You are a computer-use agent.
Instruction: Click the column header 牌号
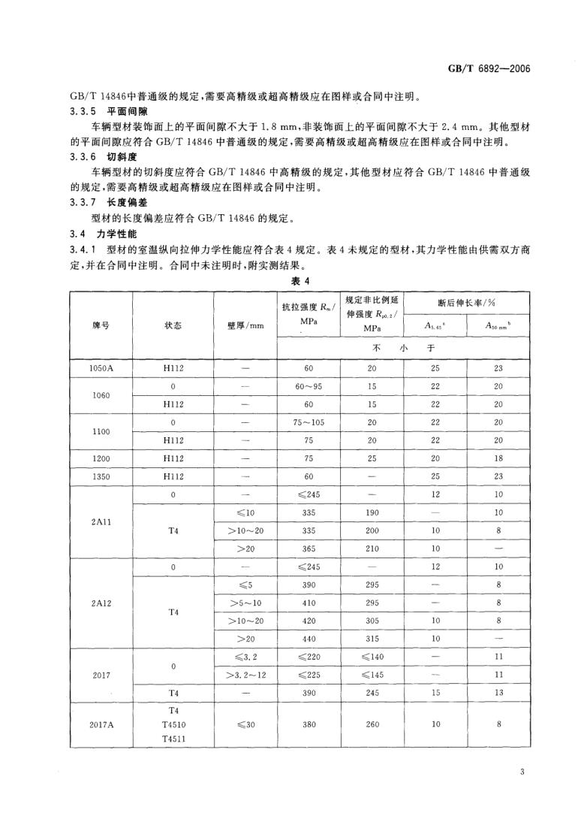point(101,326)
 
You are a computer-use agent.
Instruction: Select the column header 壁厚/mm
point(245,326)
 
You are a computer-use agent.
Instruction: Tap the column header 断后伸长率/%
point(467,303)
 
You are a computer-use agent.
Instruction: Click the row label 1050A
point(101,370)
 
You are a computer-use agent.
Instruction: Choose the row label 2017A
point(101,724)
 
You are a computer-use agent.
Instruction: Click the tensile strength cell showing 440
point(309,637)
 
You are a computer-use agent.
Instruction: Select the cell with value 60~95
point(309,387)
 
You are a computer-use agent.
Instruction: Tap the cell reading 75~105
point(309,422)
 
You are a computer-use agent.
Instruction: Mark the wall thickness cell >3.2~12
point(245,675)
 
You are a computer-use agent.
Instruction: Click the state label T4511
point(173,739)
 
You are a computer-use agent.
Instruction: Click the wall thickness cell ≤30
point(245,724)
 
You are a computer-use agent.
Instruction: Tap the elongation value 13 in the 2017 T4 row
point(498,692)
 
